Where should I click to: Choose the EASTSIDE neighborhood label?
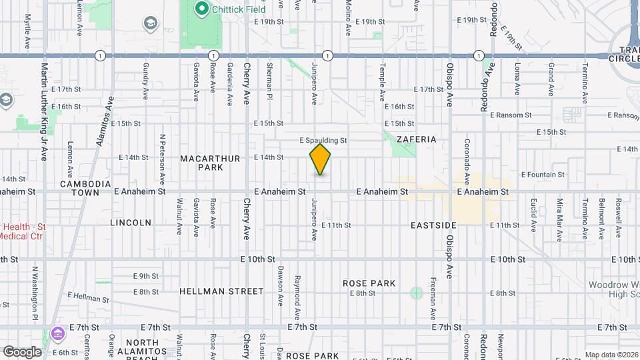[434, 226]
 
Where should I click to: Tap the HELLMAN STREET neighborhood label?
[221, 291]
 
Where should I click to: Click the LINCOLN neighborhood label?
[131, 223]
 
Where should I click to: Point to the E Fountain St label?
[543, 175]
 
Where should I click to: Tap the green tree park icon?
[417, 293]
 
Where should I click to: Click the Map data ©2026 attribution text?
[611, 355]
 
